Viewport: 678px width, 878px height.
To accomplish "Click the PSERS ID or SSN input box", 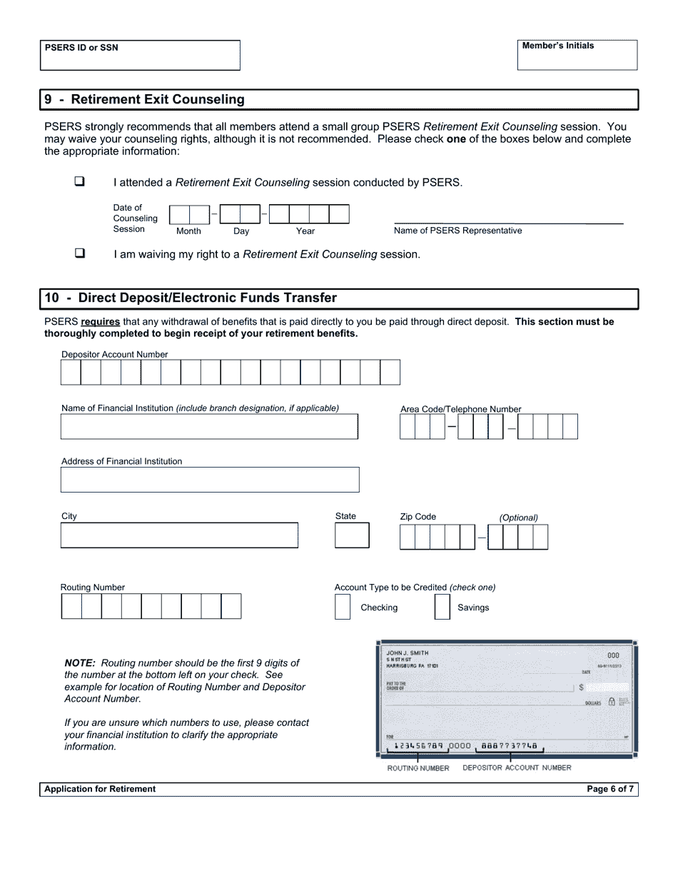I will [x=140, y=60].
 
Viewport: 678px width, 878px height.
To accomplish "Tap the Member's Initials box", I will [x=577, y=59].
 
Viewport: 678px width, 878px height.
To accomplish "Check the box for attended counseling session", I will [x=79, y=181].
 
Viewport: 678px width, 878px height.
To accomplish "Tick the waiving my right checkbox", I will [x=79, y=253].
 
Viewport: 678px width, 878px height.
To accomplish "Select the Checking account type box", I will [x=343, y=607].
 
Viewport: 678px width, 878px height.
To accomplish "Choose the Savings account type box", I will [x=442, y=607].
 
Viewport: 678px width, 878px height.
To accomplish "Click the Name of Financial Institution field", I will [x=209, y=426].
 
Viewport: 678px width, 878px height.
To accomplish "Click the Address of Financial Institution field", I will [x=209, y=480].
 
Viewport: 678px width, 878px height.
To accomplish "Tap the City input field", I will [x=179, y=535].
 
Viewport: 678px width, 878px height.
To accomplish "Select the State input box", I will [x=352, y=535].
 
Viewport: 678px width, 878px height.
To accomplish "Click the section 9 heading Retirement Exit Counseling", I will [x=157, y=99].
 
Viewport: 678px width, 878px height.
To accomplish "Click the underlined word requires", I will [x=100, y=322].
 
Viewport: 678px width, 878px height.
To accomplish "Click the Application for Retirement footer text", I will [x=100, y=789].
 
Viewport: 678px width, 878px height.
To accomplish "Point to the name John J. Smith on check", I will [x=407, y=653].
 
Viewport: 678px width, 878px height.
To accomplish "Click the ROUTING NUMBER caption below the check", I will [x=418, y=768].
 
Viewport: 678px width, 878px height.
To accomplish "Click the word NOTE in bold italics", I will [x=80, y=663].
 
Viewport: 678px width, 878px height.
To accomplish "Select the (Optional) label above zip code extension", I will [x=518, y=518].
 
